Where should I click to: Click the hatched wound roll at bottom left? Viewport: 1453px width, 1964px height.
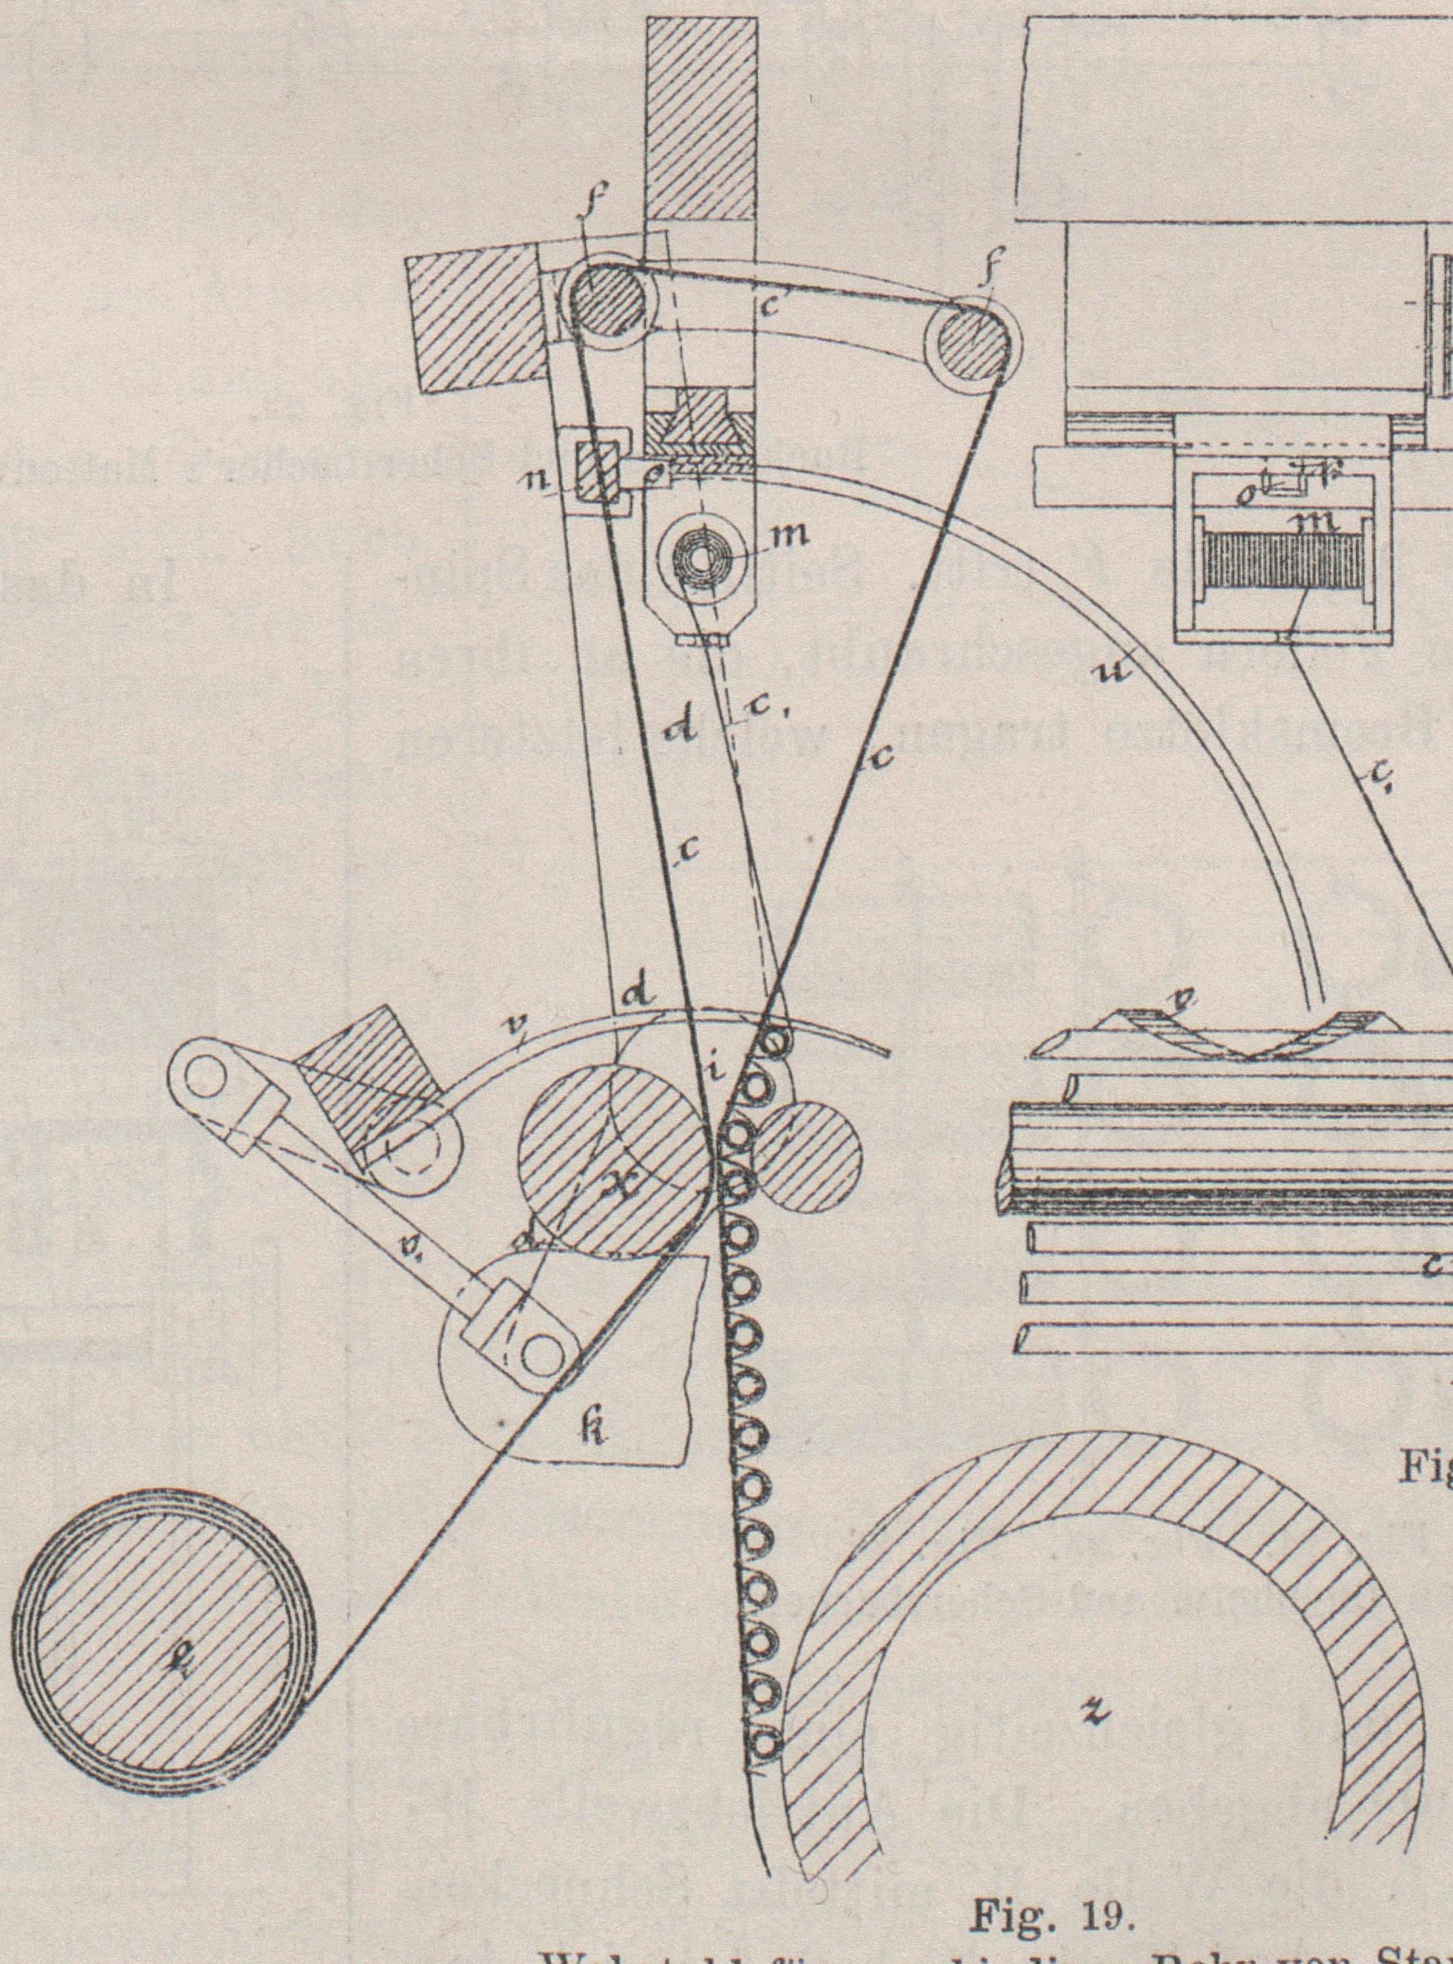[163, 1633]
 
